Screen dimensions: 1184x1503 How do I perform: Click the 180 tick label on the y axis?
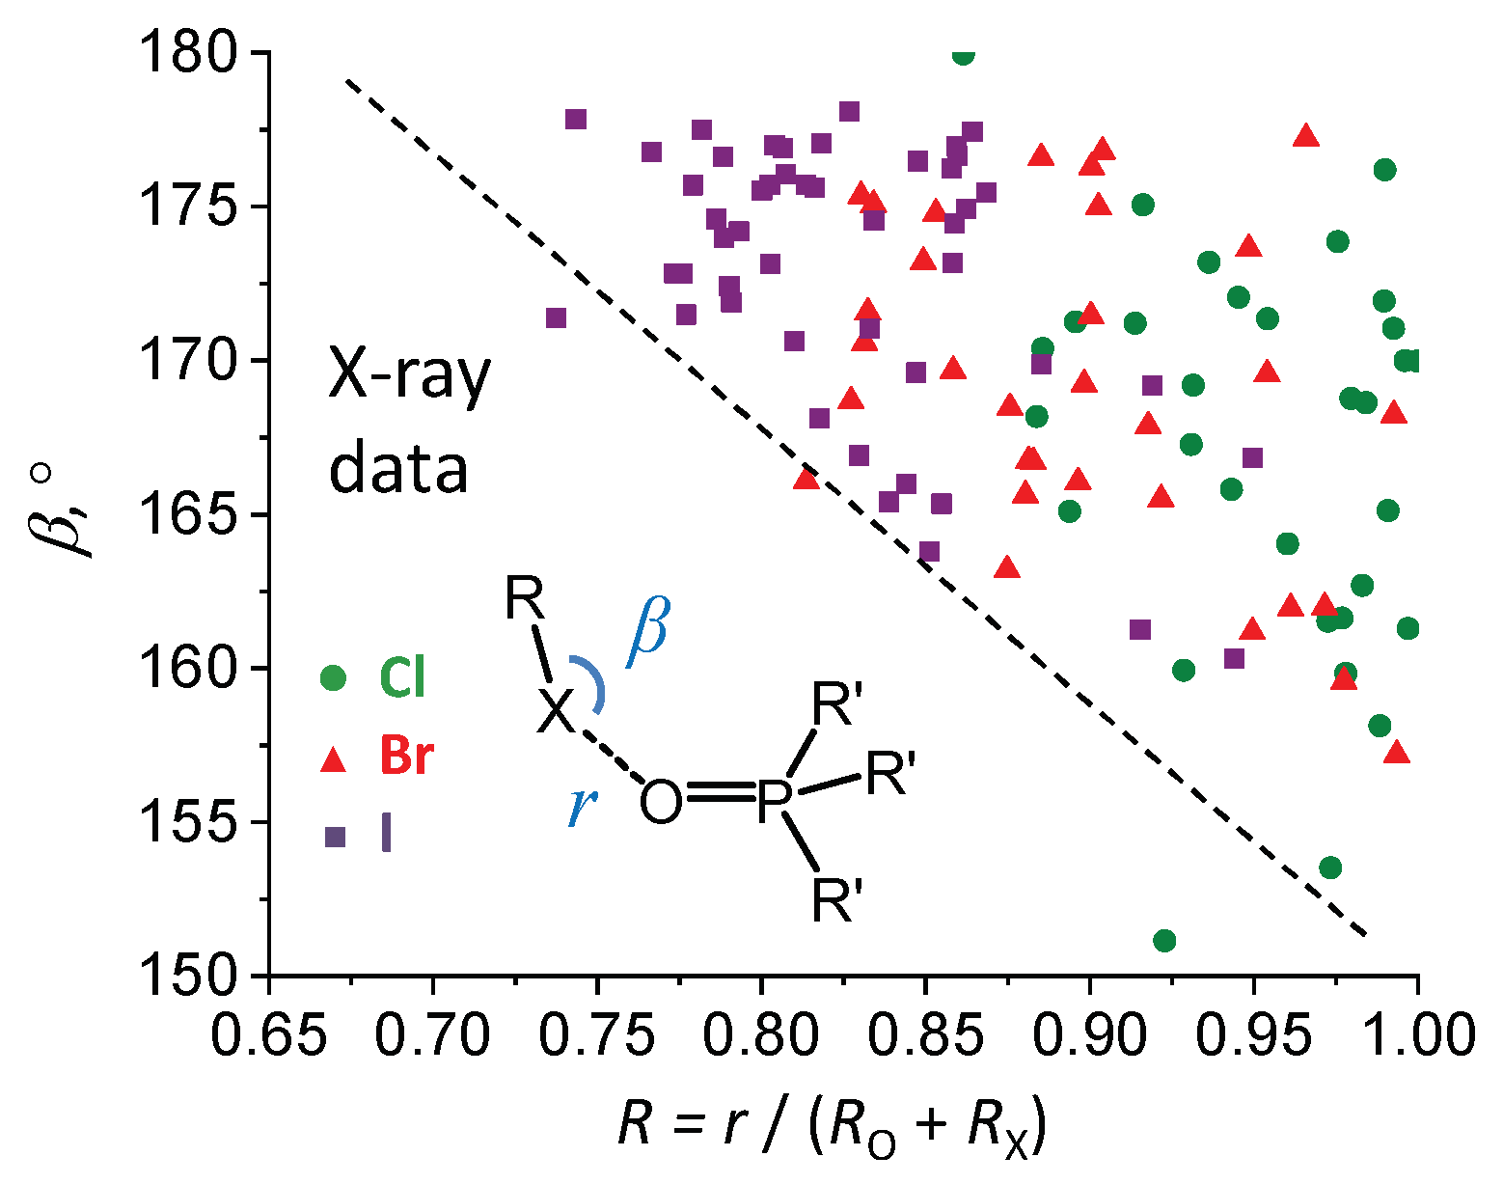[x=189, y=54]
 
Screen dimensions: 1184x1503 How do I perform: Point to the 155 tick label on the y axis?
[x=189, y=823]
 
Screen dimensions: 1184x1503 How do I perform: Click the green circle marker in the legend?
[x=333, y=677]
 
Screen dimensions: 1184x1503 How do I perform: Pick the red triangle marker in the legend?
[x=333, y=759]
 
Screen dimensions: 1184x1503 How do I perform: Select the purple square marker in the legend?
[x=334, y=837]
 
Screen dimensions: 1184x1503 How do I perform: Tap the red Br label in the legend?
[x=405, y=757]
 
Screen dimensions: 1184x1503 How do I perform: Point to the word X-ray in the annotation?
[x=410, y=378]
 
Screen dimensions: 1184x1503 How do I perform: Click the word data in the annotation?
[x=398, y=470]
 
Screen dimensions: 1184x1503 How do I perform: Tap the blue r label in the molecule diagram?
[x=580, y=806]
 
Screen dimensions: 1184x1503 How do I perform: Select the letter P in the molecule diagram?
[x=773, y=801]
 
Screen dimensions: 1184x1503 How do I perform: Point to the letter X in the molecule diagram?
[x=557, y=712]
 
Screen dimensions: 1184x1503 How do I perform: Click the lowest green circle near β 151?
[x=1164, y=940]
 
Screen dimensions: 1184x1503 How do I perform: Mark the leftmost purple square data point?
[x=556, y=318]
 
